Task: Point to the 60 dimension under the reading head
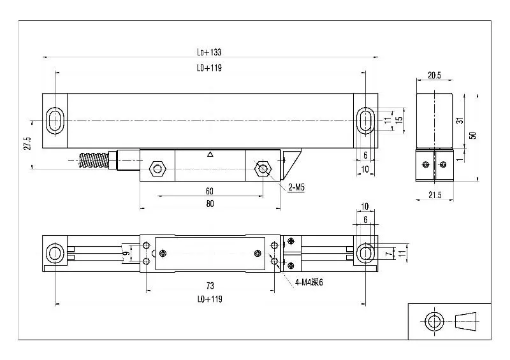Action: tap(209, 191)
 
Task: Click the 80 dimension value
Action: tap(209, 204)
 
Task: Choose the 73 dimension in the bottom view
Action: tap(209, 285)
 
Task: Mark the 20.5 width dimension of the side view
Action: tap(433, 75)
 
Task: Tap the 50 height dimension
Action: tap(472, 136)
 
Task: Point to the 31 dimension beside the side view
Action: tap(461, 120)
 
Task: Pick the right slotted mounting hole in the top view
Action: tap(365, 120)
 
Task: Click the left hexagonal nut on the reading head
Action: tap(156, 169)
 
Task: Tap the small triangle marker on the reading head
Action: tap(210, 154)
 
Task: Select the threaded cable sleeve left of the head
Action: tap(94, 159)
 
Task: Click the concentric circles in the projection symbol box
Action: tap(435, 320)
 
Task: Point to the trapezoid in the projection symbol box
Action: tap(468, 320)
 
